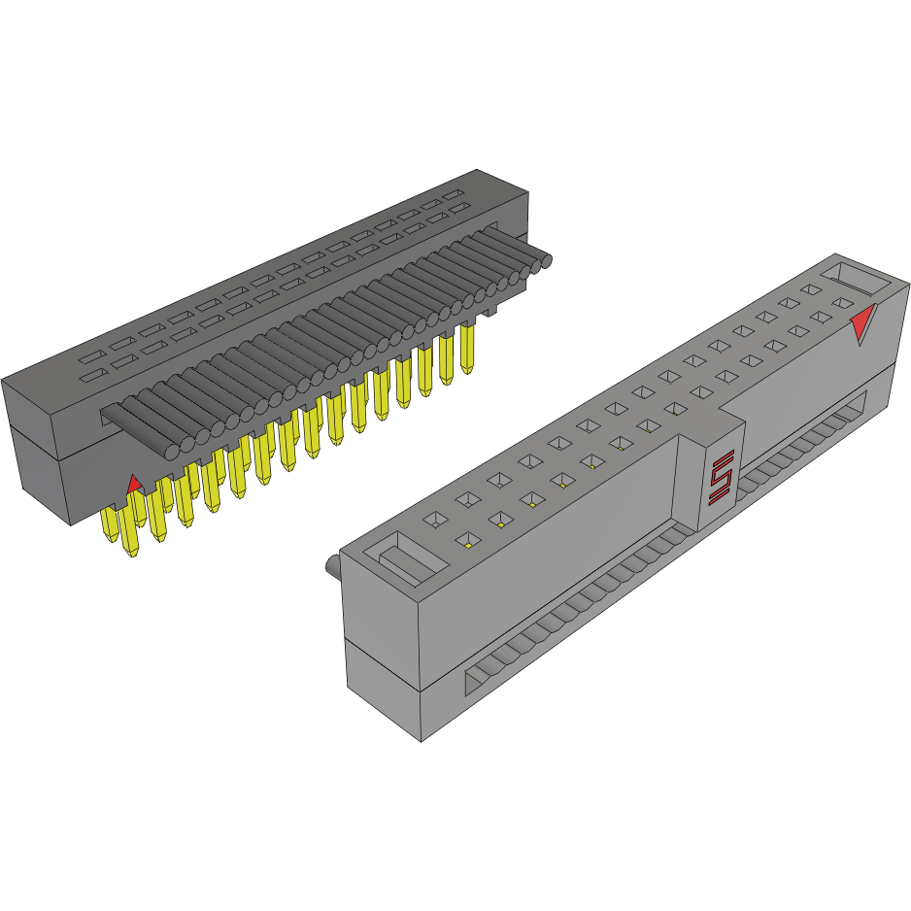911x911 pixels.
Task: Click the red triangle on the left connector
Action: [135, 484]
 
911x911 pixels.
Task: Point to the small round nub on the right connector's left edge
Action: [331, 567]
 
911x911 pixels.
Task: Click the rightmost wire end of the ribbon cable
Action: [545, 259]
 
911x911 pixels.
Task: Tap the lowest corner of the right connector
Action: [421, 741]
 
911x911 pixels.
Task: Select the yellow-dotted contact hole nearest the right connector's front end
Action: [467, 542]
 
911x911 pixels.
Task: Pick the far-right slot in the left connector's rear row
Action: [454, 194]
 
